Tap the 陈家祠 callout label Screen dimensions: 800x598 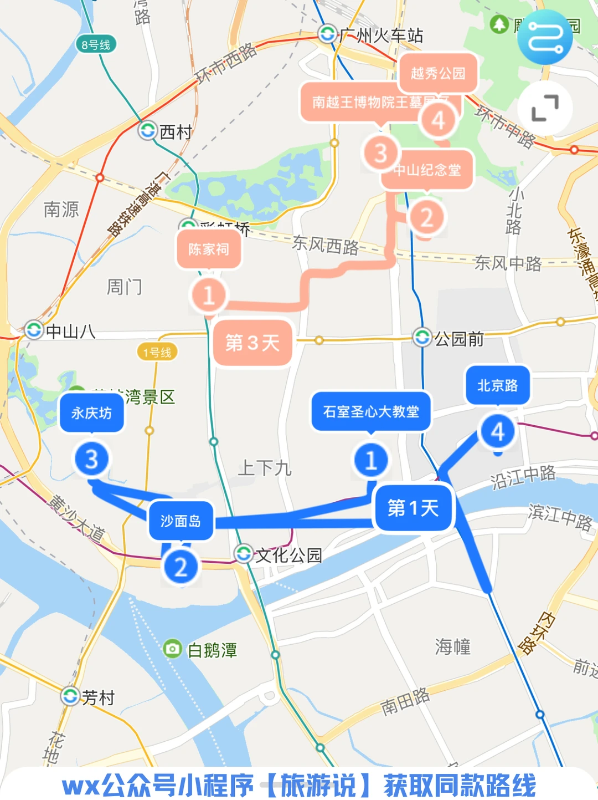[209, 249]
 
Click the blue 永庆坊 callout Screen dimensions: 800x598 [91, 412]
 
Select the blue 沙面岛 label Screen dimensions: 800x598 [181, 521]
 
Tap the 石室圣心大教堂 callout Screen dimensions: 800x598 [371, 411]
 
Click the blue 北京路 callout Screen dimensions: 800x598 [497, 385]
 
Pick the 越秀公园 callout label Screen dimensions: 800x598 [437, 73]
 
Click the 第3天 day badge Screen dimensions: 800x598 [252, 343]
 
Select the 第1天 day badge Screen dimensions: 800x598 [413, 508]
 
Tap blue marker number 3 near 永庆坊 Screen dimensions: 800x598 [91, 459]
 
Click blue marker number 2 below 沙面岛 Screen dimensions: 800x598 [181, 567]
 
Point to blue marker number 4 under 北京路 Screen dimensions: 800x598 [497, 432]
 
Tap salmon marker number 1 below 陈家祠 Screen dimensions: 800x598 [209, 295]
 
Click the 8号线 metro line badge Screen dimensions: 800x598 [96, 45]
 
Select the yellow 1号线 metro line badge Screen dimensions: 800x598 [157, 352]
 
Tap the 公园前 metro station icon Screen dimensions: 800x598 [422, 337]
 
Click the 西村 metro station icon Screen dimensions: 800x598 [148, 131]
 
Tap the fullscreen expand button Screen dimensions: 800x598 [545, 108]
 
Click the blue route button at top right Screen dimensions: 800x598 [545, 37]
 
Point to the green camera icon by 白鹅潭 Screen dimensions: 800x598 [173, 649]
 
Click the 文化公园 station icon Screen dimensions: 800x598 [244, 553]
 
